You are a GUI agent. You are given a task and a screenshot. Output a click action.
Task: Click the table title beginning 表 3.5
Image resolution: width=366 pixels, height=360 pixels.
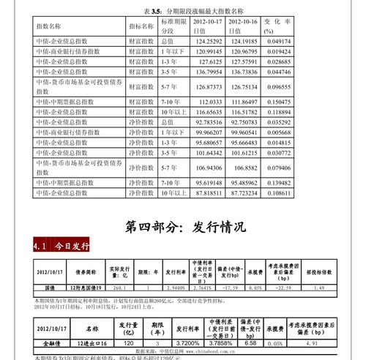coord(183,11)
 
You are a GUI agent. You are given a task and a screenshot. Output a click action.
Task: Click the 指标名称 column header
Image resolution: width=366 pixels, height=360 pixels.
coord(142,26)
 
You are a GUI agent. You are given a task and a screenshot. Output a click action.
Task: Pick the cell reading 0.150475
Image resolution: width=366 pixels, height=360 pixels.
coord(277,102)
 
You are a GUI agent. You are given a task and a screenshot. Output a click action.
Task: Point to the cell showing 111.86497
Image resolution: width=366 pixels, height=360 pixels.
coord(243,102)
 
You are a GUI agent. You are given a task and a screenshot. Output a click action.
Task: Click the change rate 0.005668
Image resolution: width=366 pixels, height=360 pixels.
coord(277,132)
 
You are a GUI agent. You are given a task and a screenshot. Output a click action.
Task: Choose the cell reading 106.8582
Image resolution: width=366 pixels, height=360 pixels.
coord(243,167)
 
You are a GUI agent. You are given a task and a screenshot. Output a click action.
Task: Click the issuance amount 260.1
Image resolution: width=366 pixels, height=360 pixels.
coord(117,288)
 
